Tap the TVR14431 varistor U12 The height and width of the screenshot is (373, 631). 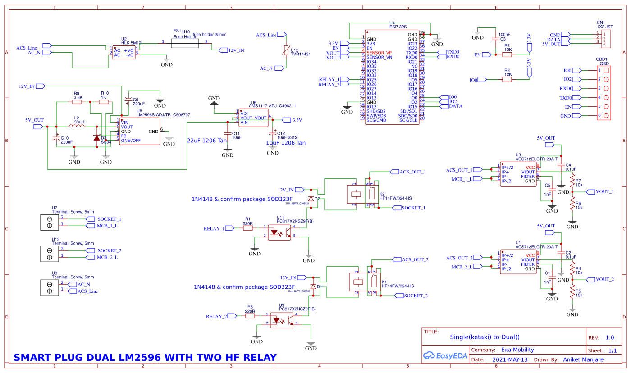click(x=285, y=51)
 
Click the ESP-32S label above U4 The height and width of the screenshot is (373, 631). click(x=398, y=27)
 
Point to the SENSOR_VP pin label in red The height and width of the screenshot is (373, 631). click(x=379, y=53)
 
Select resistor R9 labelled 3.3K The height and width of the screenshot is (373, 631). click(x=77, y=102)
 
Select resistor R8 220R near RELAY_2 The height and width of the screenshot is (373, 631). click(x=250, y=316)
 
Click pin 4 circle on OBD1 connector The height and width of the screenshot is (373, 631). click(x=606, y=97)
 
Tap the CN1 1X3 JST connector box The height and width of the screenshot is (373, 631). click(x=607, y=39)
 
